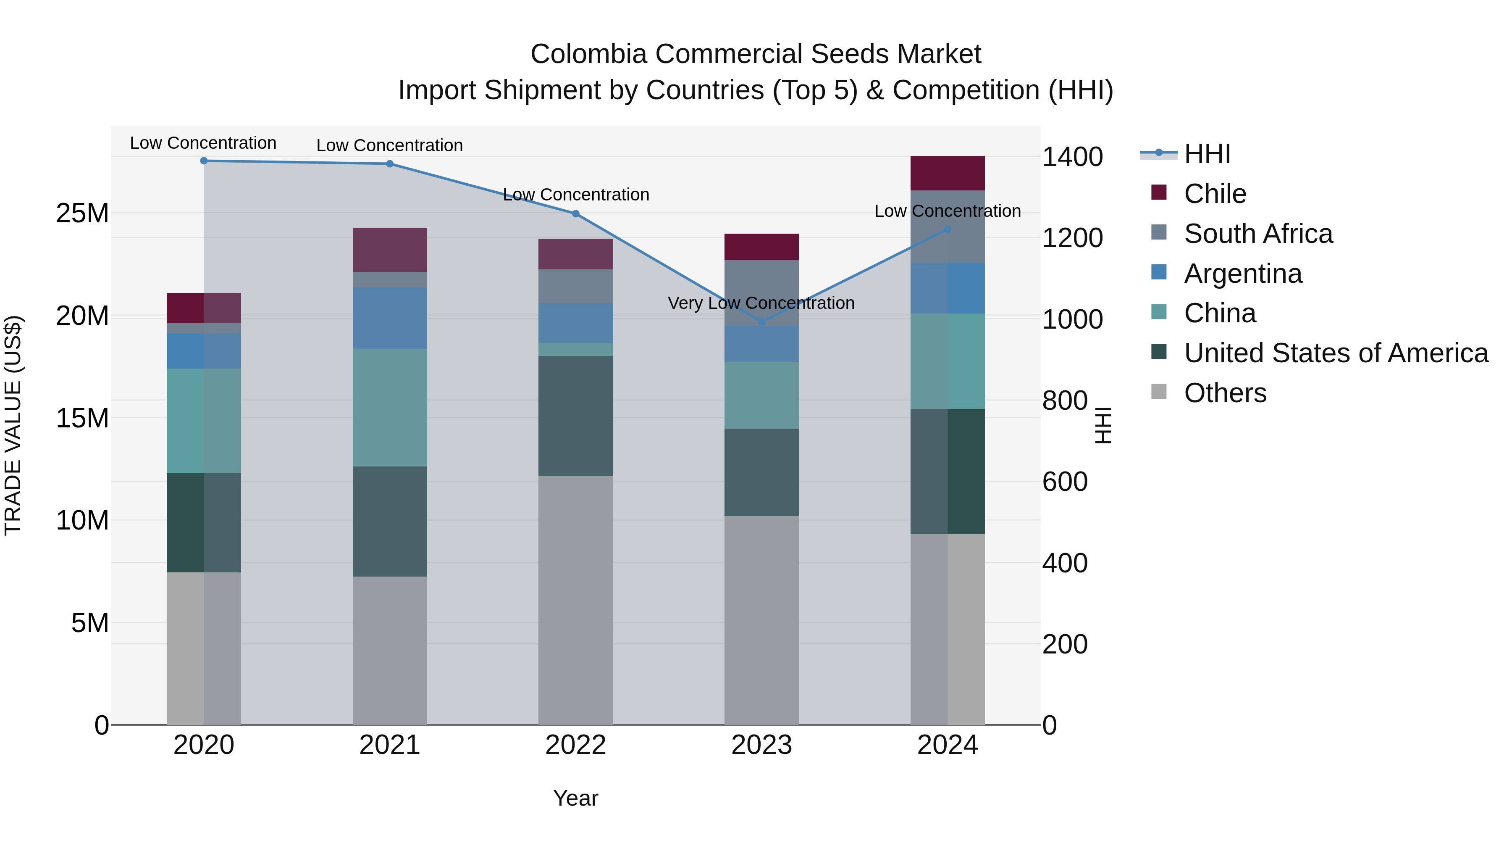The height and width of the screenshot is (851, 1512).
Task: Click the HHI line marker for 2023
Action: [x=761, y=322]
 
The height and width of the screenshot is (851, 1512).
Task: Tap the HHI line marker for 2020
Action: [x=204, y=161]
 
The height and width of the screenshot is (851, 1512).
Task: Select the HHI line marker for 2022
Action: [x=575, y=214]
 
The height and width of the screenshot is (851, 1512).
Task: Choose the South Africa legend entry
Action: [x=1258, y=233]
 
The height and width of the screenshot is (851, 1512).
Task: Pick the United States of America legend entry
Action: [x=1335, y=353]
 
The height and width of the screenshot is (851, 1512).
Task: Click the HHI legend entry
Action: [x=1207, y=154]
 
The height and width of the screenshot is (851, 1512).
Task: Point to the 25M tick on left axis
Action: [x=82, y=213]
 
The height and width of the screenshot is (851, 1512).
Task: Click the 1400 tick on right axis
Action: [x=1072, y=157]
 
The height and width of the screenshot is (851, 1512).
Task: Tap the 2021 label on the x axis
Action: [x=389, y=745]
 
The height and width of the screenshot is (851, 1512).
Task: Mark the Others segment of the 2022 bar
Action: [x=575, y=599]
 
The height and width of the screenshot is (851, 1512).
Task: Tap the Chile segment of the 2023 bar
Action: [x=761, y=247]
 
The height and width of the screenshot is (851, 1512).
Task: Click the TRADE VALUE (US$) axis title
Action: [x=13, y=425]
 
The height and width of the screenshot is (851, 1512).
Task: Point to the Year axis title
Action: [x=575, y=798]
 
